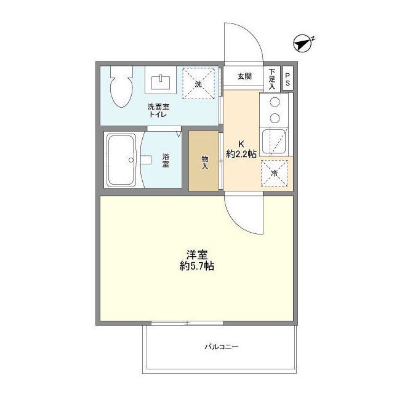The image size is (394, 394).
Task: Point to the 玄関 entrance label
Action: [245, 76]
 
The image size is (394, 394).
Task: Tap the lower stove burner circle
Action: [275, 118]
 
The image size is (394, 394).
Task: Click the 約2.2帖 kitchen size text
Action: [241, 155]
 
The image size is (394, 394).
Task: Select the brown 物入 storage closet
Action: [204, 161]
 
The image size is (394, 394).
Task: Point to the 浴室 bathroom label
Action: [166, 161]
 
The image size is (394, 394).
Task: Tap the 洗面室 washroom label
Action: [158, 107]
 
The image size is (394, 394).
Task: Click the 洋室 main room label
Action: [197, 254]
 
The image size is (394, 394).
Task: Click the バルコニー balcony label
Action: [221, 347]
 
